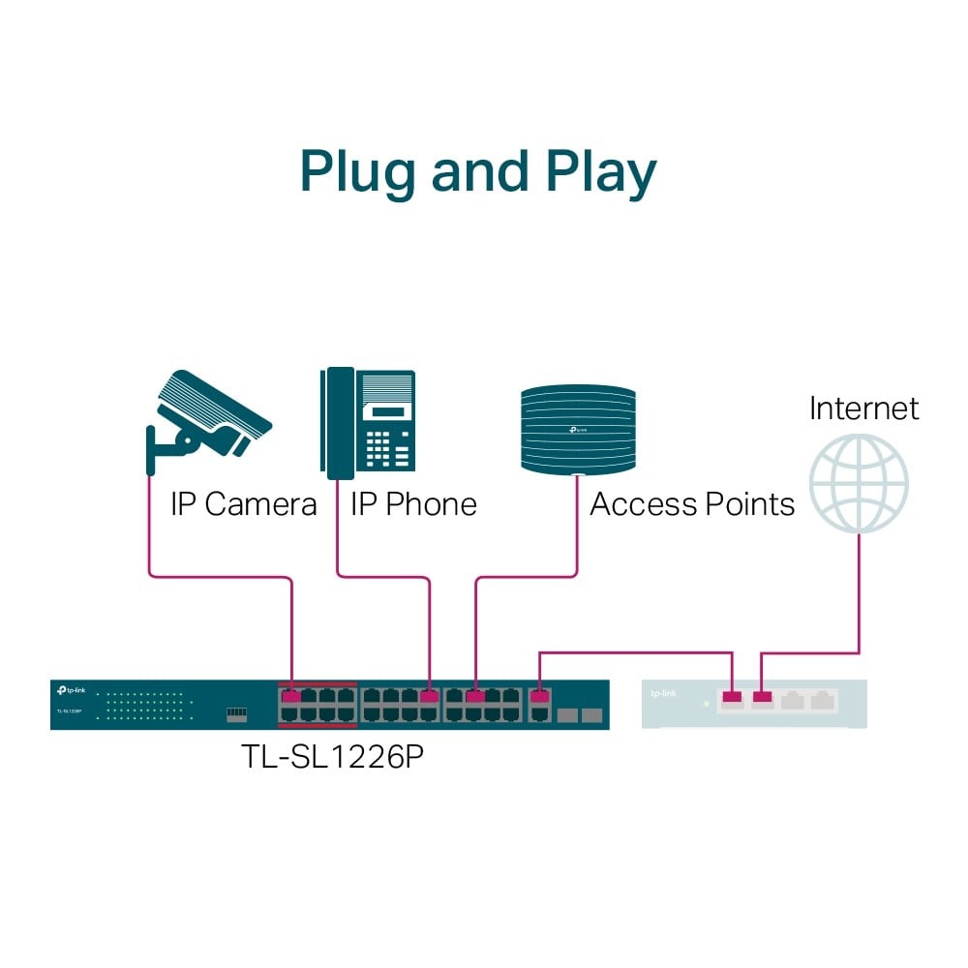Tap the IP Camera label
[243, 504]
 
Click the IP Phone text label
[413, 504]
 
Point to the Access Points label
[691, 504]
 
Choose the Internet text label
[863, 408]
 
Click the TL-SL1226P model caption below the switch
[332, 756]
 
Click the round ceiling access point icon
[578, 430]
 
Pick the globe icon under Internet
[859, 481]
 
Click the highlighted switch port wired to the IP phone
[430, 696]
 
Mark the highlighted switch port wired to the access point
[475, 696]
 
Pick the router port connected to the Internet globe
[763, 696]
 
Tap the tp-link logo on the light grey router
[664, 694]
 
